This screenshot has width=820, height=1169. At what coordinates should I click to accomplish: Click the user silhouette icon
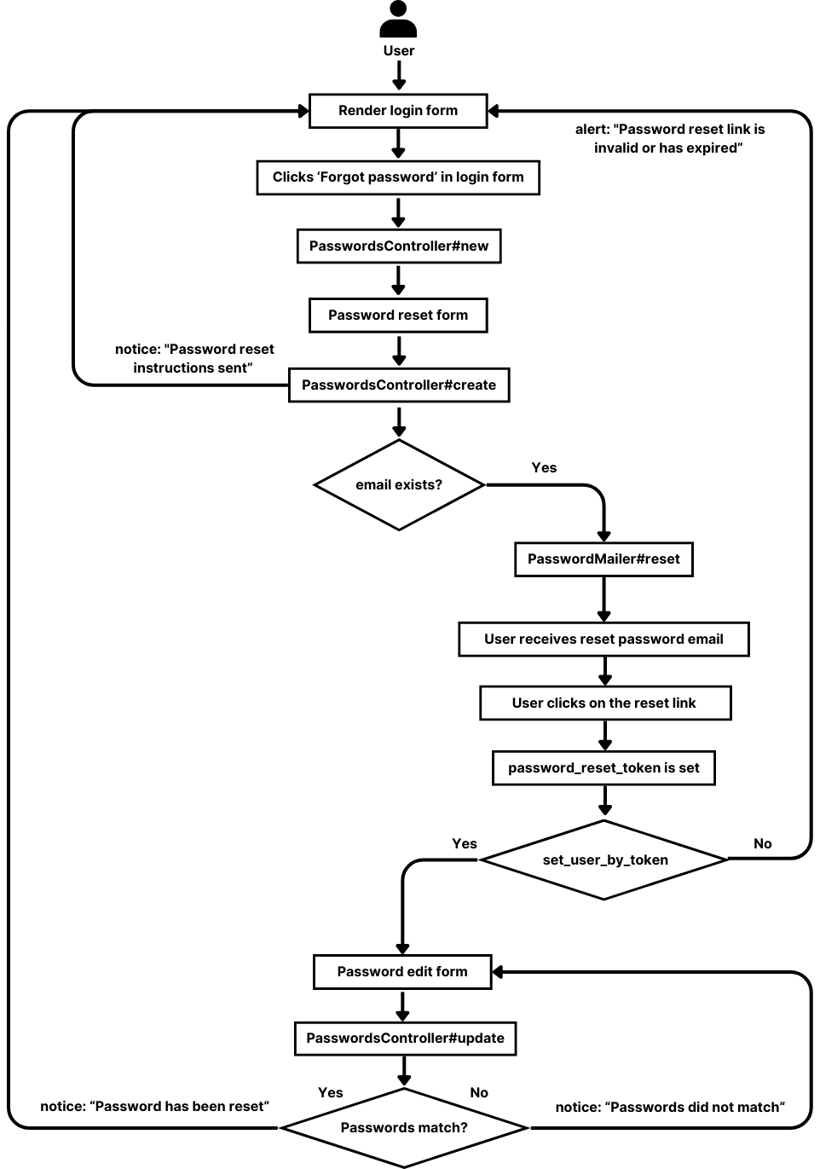pyautogui.click(x=398, y=20)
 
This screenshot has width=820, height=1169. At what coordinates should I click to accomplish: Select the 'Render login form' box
pyautogui.click(x=398, y=111)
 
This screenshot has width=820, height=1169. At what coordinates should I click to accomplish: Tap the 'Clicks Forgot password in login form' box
pyautogui.click(x=398, y=177)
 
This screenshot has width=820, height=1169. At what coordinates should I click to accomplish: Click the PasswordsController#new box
pyautogui.click(x=398, y=246)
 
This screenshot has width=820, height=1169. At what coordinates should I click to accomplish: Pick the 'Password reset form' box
pyautogui.click(x=398, y=315)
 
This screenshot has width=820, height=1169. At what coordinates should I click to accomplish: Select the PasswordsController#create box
pyautogui.click(x=398, y=385)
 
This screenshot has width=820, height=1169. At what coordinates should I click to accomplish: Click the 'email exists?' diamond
pyautogui.click(x=398, y=485)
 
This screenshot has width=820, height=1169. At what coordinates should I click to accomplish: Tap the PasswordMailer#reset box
pyautogui.click(x=603, y=559)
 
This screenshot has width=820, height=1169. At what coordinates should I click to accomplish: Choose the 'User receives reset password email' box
pyautogui.click(x=603, y=639)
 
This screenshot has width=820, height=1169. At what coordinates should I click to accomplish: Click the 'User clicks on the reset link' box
pyautogui.click(x=604, y=703)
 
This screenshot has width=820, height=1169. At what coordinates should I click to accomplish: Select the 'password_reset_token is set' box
pyautogui.click(x=603, y=768)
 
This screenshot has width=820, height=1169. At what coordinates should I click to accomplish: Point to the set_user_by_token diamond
pyautogui.click(x=604, y=860)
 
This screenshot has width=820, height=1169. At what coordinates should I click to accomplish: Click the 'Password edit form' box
pyautogui.click(x=402, y=972)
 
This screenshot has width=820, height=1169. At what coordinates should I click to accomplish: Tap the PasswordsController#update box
pyautogui.click(x=405, y=1039)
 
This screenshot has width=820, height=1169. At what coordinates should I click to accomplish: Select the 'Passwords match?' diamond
pyautogui.click(x=404, y=1128)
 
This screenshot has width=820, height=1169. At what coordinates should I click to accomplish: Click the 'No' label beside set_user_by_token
pyautogui.click(x=762, y=844)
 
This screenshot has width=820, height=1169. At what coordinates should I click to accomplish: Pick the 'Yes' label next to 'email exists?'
pyautogui.click(x=544, y=468)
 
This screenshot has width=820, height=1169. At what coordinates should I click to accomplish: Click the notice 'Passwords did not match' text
pyautogui.click(x=670, y=1108)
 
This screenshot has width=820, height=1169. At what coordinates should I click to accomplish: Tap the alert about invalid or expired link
pyautogui.click(x=669, y=139)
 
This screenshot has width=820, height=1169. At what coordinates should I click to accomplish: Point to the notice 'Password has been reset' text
pyautogui.click(x=154, y=1107)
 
